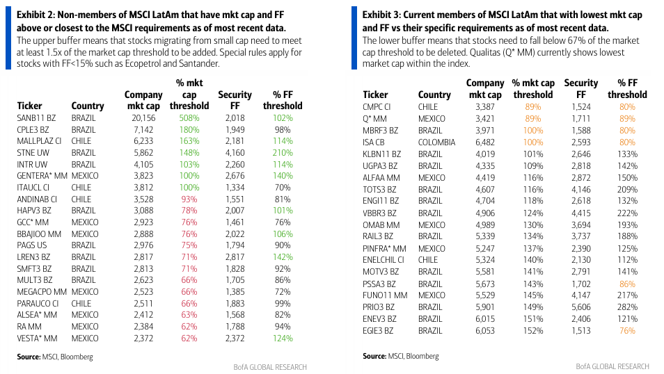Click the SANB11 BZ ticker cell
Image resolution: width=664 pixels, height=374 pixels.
coord(37,118)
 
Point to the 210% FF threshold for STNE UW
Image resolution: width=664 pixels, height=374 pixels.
coord(283,153)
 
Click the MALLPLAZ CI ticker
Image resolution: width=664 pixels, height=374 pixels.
coord(40,141)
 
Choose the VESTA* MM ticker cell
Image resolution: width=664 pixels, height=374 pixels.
coord(38,339)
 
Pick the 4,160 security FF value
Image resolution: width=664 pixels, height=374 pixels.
coord(235,153)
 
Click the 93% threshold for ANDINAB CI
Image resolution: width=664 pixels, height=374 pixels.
coord(189,200)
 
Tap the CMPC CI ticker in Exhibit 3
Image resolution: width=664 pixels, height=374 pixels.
coord(377,107)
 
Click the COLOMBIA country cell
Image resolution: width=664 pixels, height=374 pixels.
coord(436,143)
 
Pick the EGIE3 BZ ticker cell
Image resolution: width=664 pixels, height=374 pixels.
coord(380,331)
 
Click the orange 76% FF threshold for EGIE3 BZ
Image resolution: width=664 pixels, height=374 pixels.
coord(627,331)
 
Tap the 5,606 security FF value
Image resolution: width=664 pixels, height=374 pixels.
coord(581,307)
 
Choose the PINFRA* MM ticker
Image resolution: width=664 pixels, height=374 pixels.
coord(384,249)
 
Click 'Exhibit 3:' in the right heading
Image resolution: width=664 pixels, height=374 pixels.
coord(384,14)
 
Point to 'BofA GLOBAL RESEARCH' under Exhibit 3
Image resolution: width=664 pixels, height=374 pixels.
coord(612,366)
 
